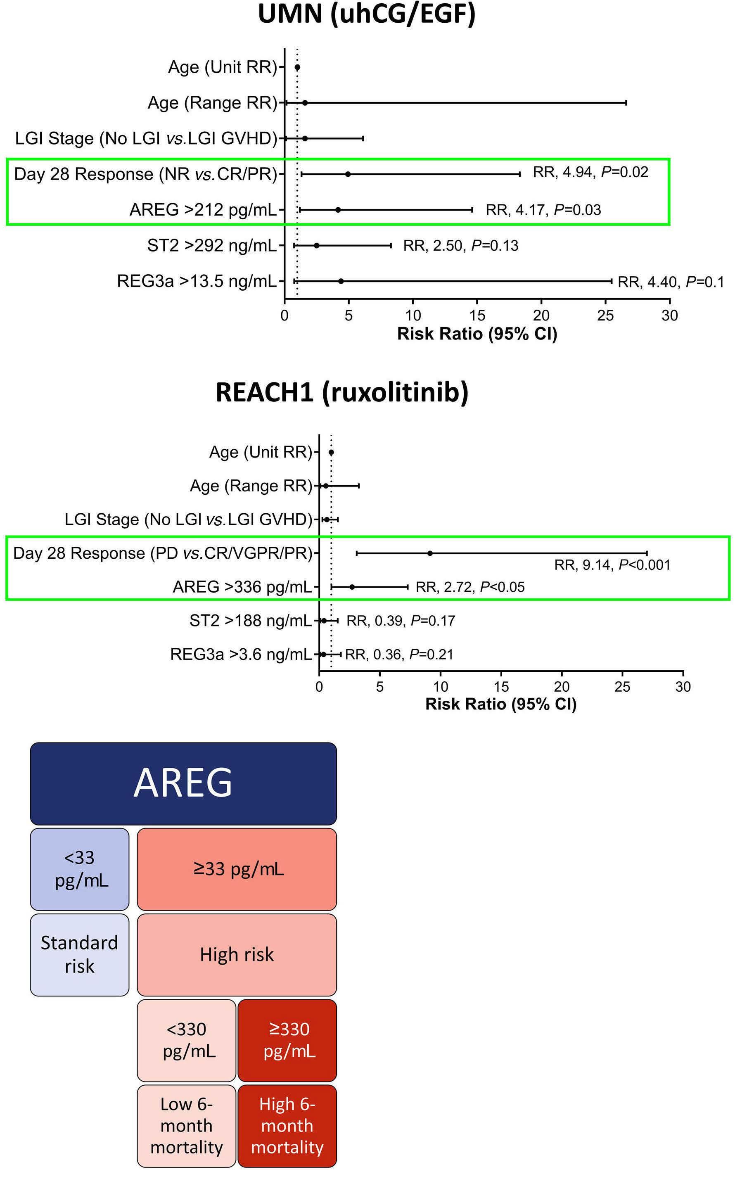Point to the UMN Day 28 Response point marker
[x=348, y=174]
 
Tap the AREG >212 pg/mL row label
[x=203, y=210]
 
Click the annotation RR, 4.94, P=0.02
[x=590, y=173]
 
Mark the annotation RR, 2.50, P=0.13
[x=460, y=246]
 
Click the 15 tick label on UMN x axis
[x=477, y=316]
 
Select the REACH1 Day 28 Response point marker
[x=430, y=553]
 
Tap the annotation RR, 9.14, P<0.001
[x=612, y=565]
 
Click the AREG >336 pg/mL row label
[x=242, y=587]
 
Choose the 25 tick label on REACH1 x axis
[x=622, y=687]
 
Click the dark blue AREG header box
[x=183, y=783]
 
